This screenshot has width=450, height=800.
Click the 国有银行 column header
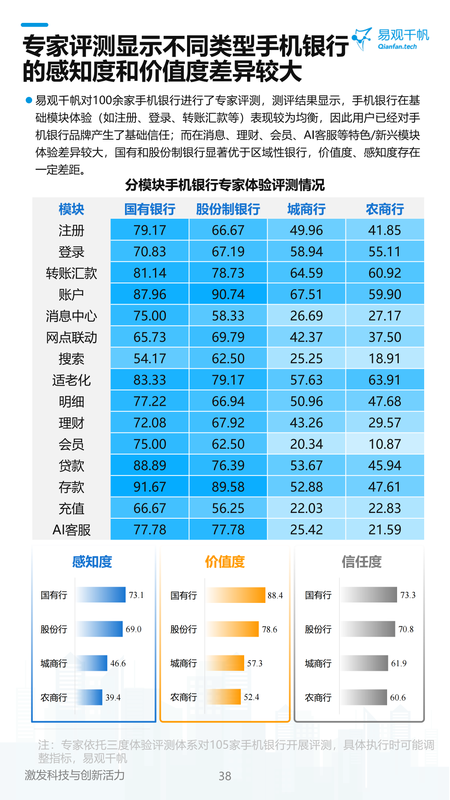[150, 209]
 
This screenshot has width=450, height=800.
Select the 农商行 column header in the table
[385, 209]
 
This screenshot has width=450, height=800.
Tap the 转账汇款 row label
[71, 273]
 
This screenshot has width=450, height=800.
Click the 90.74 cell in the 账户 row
[228, 295]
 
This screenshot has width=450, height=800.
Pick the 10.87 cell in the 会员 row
[385, 444]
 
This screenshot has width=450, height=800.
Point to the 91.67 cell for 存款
[150, 487]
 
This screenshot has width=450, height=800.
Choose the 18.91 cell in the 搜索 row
[385, 359]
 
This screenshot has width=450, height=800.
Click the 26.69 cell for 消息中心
[306, 316]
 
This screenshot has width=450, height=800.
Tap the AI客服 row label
[71, 530]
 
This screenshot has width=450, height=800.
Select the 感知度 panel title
[92, 562]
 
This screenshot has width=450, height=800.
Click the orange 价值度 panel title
[225, 562]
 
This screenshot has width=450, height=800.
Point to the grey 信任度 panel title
[362, 562]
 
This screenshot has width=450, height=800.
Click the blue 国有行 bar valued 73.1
[101, 595]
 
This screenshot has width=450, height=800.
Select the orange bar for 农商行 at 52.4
[224, 697]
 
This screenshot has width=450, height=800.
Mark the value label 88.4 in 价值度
[275, 595]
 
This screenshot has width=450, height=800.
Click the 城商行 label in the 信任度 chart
[318, 663]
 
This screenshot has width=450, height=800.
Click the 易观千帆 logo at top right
[391, 39]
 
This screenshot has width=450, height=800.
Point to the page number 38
[225, 776]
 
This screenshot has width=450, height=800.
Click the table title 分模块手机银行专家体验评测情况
[225, 185]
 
